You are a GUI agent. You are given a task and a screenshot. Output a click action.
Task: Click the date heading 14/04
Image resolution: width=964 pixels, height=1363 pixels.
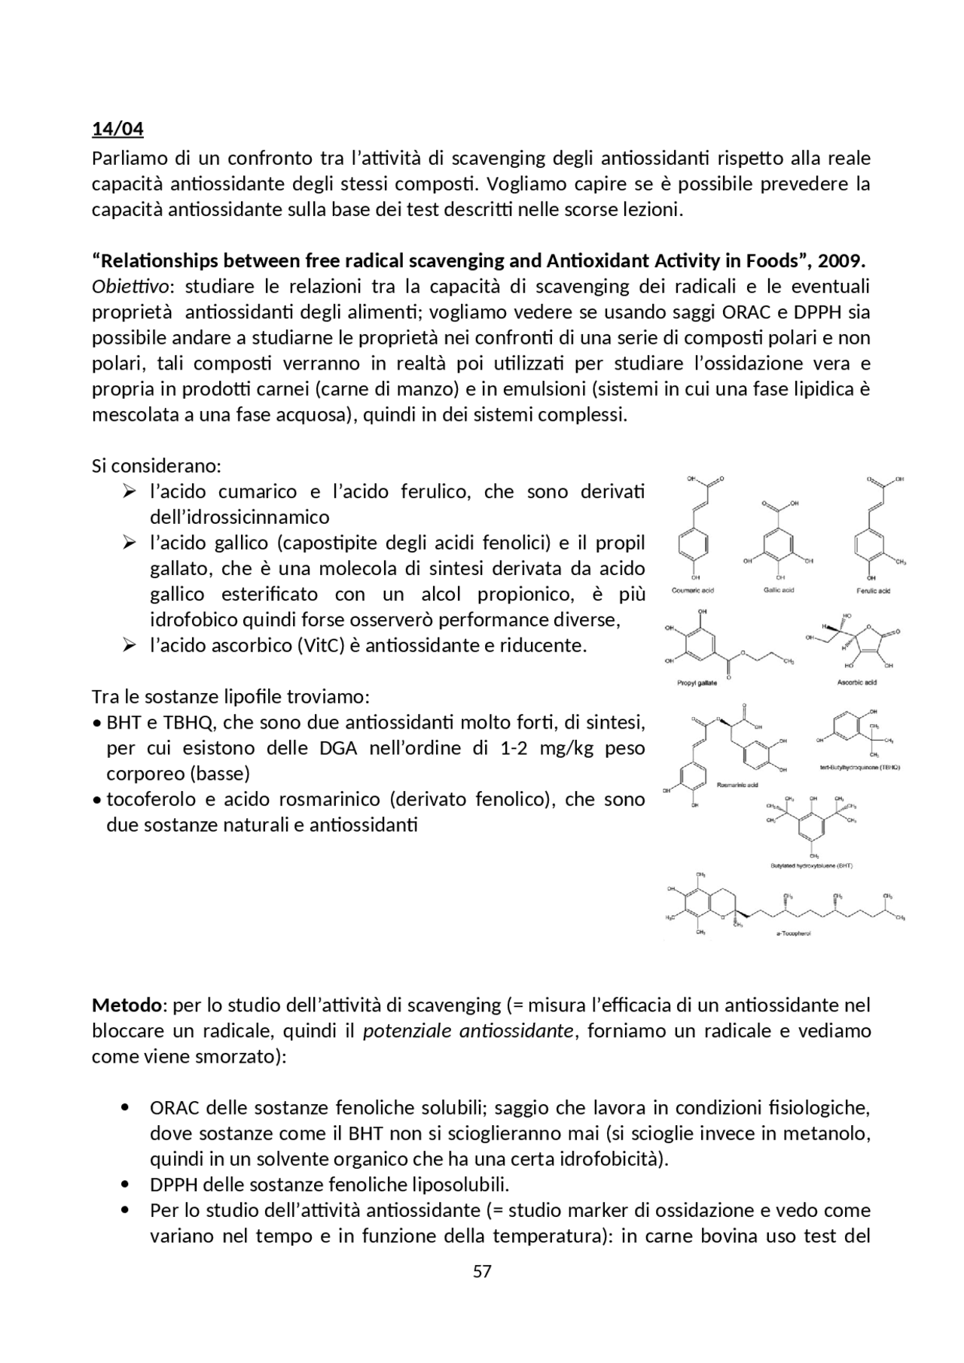coord(117,129)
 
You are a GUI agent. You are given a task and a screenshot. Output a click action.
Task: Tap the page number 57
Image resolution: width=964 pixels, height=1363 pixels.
coord(482,1271)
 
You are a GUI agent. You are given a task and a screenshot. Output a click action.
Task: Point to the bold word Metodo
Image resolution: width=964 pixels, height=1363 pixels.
coord(127,1005)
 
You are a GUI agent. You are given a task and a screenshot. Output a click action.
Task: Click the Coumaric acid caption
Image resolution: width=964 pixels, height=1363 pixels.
coord(693,591)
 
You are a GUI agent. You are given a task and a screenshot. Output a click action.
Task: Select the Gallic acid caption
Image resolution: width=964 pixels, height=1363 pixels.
coord(779,590)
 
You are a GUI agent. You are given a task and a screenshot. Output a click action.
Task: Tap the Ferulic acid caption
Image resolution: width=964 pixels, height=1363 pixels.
coord(874,591)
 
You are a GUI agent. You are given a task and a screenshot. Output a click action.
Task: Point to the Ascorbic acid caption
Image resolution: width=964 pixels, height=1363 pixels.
coord(857,683)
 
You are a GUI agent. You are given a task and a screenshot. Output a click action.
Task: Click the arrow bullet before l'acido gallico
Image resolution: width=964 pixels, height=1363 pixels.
coord(129,543)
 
